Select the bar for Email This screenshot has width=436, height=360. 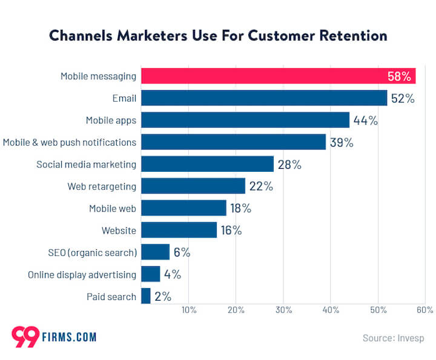tap(263, 98)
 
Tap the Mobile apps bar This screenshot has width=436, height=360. tap(245, 120)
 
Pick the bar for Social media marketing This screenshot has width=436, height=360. tap(207, 164)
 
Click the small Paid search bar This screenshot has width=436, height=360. tap(145, 296)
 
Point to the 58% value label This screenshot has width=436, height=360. tap(400, 76)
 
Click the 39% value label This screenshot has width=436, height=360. tap(342, 142)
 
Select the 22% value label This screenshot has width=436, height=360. tap(261, 186)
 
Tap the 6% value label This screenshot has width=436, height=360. tap(182, 252)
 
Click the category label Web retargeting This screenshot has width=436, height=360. tap(102, 186)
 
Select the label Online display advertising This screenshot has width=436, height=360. tap(82, 275)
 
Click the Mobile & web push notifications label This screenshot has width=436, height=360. tap(70, 142)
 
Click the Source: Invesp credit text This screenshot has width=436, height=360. tap(393, 338)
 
